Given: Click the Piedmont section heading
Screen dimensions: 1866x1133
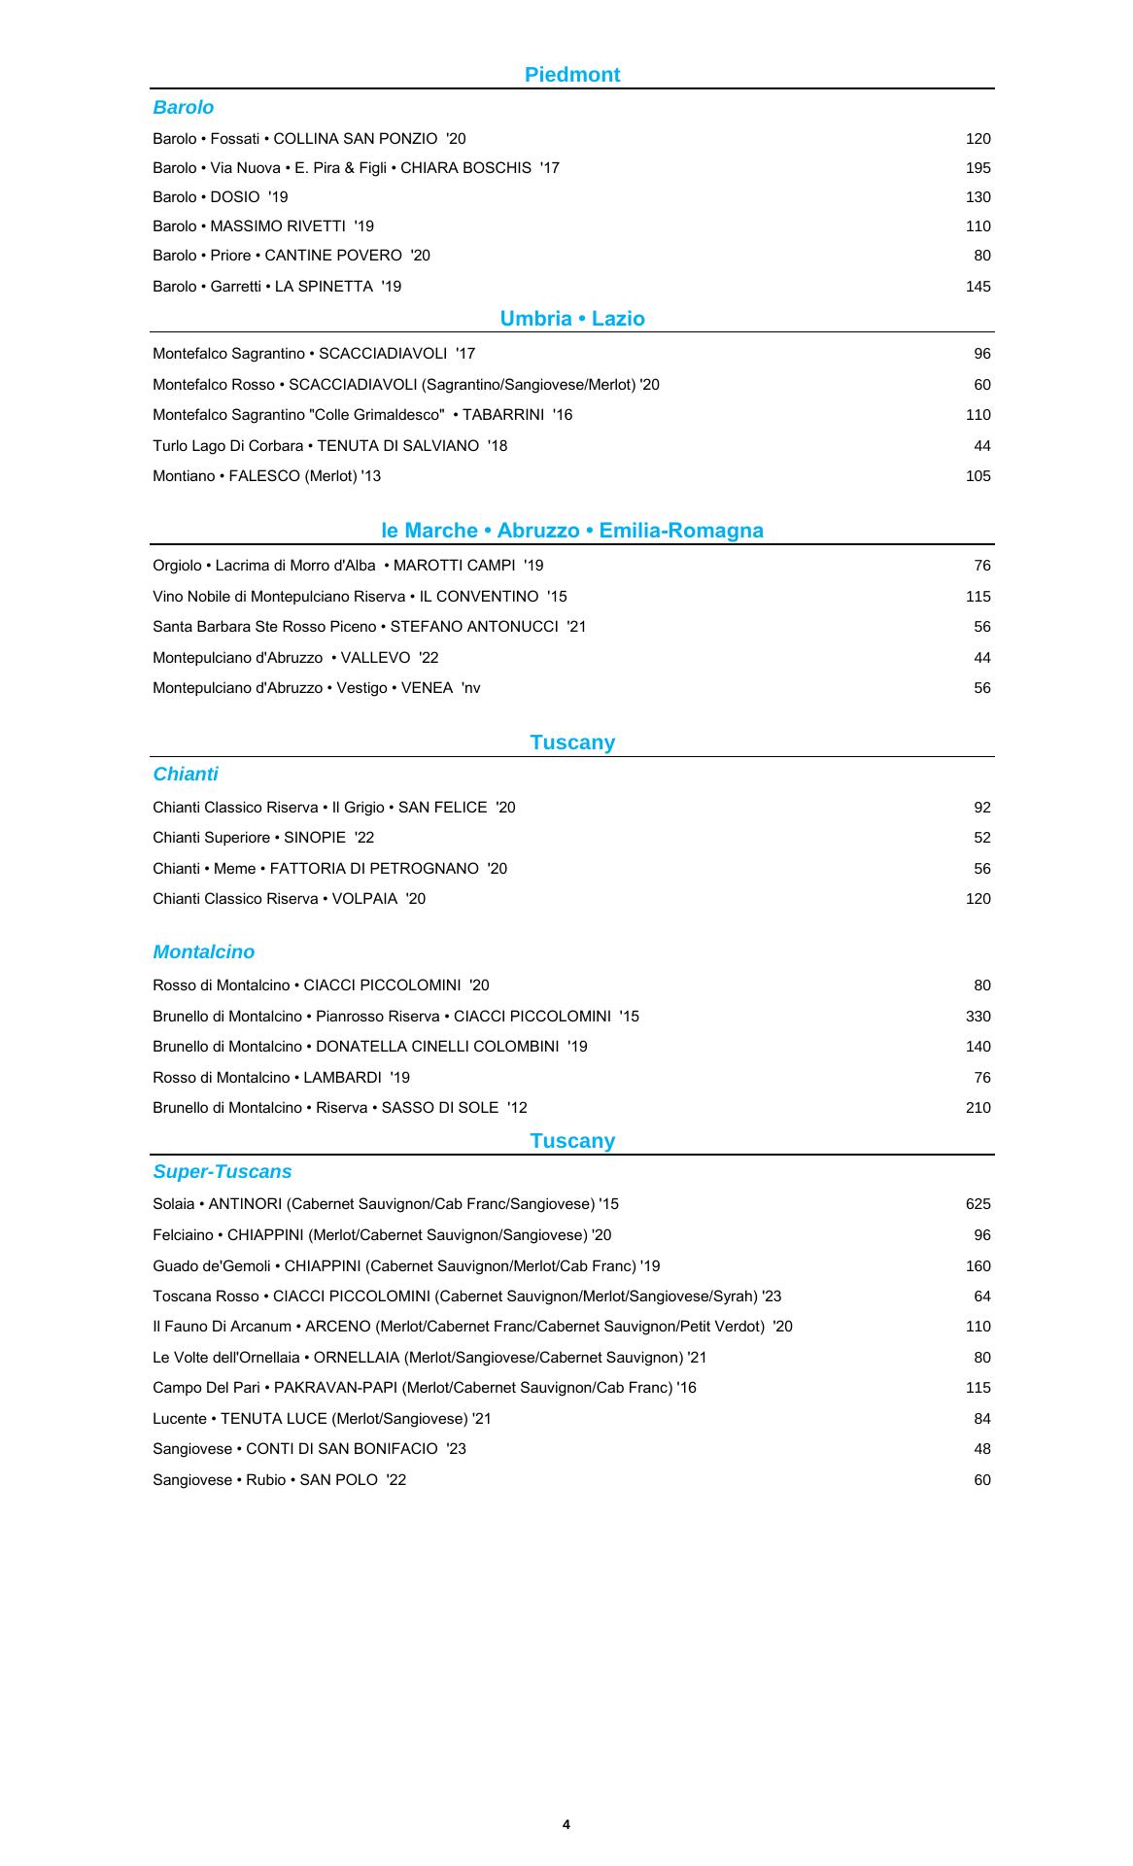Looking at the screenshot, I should pyautogui.click(x=571, y=75).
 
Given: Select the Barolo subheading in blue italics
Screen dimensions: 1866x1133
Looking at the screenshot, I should pyautogui.click(x=183, y=108).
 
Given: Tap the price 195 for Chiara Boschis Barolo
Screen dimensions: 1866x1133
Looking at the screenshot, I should pyautogui.click(x=978, y=168).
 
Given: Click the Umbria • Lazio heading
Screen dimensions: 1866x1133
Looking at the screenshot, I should pyautogui.click(x=571, y=319).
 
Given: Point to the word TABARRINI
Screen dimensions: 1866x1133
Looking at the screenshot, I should pyautogui.click(x=502, y=415).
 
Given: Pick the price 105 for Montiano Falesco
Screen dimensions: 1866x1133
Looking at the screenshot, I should pyautogui.click(x=978, y=476).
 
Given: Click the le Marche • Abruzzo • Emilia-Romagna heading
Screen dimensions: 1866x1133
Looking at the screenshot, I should pyautogui.click(x=571, y=531).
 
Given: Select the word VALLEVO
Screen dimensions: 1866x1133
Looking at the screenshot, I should pyautogui.click(x=375, y=658).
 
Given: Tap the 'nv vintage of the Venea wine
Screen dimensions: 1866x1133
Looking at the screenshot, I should pyautogui.click(x=470, y=688).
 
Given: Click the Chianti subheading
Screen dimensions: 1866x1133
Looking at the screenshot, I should pyautogui.click(x=186, y=775).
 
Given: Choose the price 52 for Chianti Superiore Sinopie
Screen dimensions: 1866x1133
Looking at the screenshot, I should pyautogui.click(x=981, y=838).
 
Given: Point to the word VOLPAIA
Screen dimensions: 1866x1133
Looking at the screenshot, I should pyautogui.click(x=364, y=899).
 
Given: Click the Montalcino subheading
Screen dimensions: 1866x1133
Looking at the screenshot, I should pyautogui.click(x=203, y=952).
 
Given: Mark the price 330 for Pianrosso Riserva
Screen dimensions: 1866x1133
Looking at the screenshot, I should pyautogui.click(x=978, y=1017).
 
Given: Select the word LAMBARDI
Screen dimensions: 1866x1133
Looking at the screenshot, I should pyautogui.click(x=342, y=1078).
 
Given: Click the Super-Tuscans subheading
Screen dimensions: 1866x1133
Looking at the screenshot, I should pyautogui.click(x=222, y=1172).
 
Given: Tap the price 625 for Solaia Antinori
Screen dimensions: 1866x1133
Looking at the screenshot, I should pyautogui.click(x=978, y=1204).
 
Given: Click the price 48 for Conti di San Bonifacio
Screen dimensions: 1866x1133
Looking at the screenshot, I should pyautogui.click(x=981, y=1449).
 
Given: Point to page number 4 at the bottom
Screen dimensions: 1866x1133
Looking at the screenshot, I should pyautogui.click(x=566, y=1824).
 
